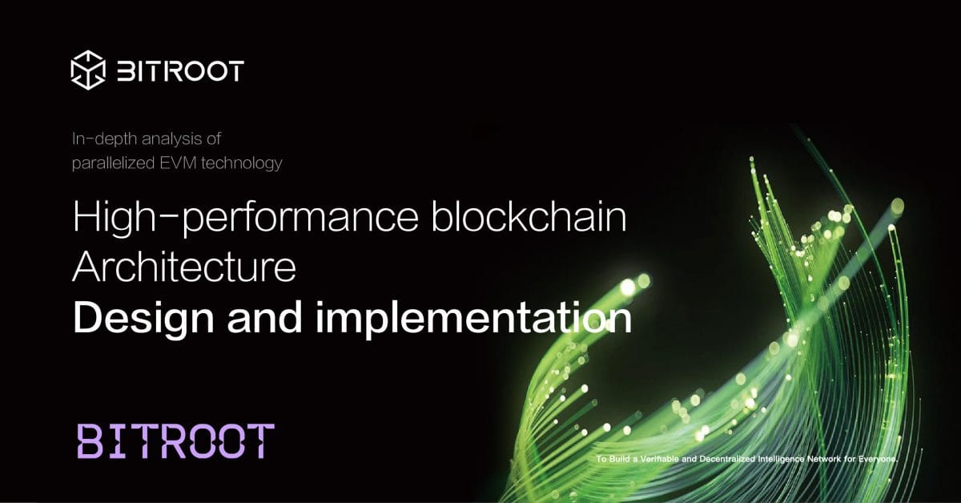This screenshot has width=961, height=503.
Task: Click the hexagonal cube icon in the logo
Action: point(88,70)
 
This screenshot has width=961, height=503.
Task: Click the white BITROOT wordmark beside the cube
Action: point(180,70)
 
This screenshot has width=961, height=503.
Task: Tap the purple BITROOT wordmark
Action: point(175,441)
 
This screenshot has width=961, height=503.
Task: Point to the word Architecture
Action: point(184,270)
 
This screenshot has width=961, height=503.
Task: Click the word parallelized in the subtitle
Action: point(117,163)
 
